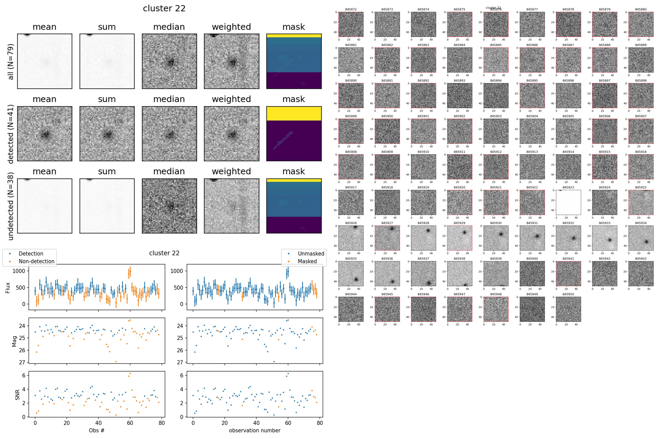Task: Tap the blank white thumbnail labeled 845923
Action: [x=568, y=202]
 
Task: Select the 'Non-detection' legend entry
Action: [x=36, y=261]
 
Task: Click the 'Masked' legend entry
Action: [x=307, y=261]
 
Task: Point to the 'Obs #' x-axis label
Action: [x=97, y=430]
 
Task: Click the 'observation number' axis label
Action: [x=255, y=430]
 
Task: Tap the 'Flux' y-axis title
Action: [x=8, y=288]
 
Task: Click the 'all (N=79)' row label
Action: [x=10, y=62]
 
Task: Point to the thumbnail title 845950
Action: [x=568, y=294]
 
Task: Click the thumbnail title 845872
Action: [x=351, y=9]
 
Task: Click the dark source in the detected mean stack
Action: [x=45, y=135]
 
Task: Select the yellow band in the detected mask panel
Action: [x=294, y=113]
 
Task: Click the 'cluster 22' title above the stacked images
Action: [x=164, y=8]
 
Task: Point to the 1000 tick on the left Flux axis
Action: [x=19, y=271]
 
